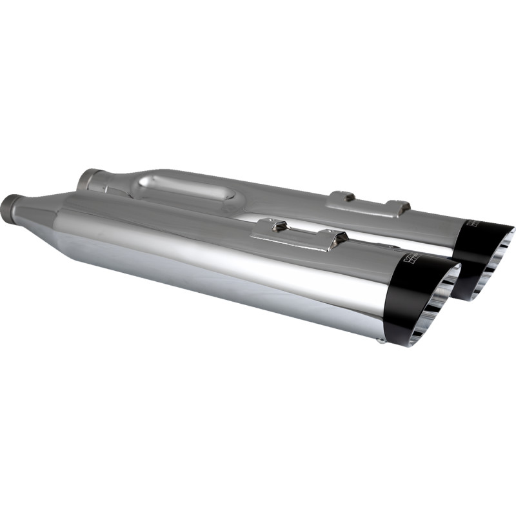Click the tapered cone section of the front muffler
pyautogui.click(x=39, y=213)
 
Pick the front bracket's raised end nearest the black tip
pyautogui.click(x=336, y=240)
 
